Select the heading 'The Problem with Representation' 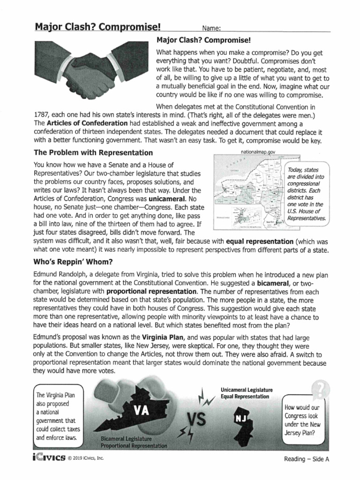[93, 153]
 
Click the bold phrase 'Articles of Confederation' [82, 123]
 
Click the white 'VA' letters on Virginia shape [141, 410]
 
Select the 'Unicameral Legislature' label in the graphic [247, 390]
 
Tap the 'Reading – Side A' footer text [307, 459]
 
